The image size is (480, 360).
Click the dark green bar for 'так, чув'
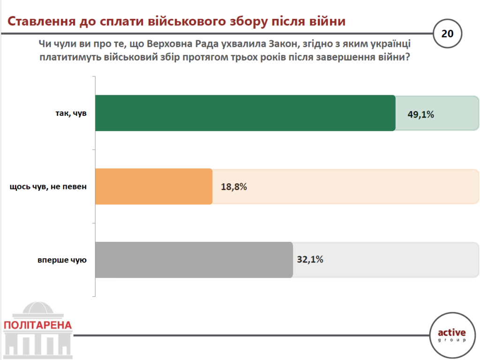pos(245,113)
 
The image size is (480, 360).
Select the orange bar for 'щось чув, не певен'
pos(154,186)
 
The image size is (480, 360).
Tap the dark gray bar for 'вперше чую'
pos(194,260)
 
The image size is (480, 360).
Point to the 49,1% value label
pos(420,113)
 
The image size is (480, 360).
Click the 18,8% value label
pos(233,187)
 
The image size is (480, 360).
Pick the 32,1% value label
pos(310,259)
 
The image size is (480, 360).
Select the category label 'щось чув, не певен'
pos(49,187)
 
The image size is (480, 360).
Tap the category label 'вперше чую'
pos(62,260)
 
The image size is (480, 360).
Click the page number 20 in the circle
pos(448,34)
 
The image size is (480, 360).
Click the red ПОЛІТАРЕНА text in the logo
pos(38,324)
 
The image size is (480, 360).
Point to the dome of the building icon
pos(37,309)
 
